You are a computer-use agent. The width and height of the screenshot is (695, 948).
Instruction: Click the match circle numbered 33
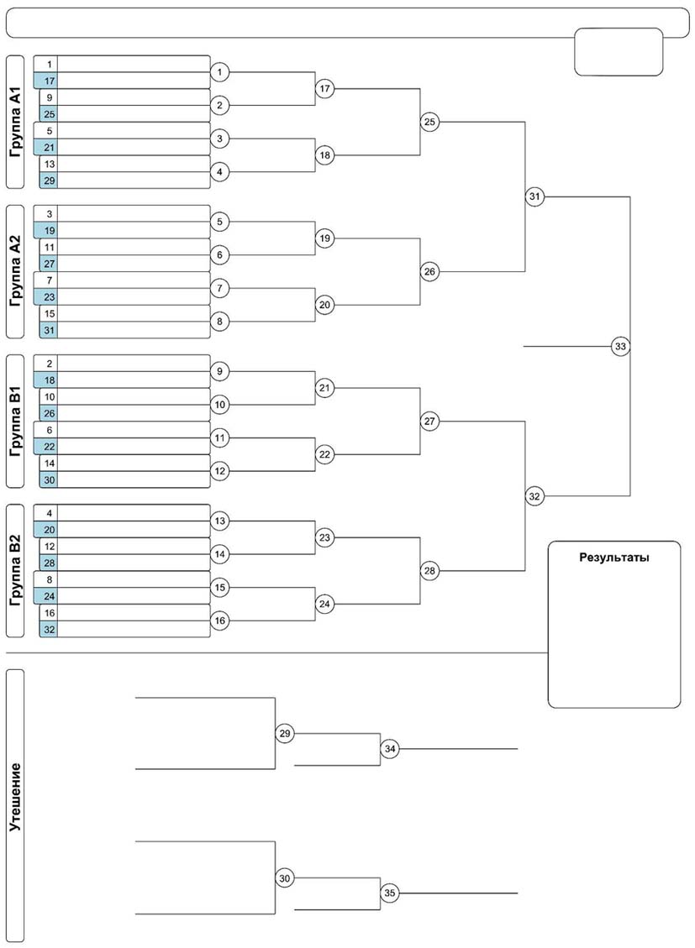click(x=620, y=347)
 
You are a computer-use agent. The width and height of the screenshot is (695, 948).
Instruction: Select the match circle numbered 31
click(x=534, y=196)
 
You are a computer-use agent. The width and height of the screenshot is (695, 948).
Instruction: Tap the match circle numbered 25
click(x=429, y=122)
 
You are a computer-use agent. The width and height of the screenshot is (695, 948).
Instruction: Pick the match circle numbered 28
click(x=429, y=571)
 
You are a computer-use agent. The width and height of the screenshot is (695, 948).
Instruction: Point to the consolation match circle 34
click(x=390, y=749)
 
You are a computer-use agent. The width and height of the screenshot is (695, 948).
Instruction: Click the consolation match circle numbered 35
click(x=390, y=893)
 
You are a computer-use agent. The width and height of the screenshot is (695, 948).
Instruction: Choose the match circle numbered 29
click(x=285, y=733)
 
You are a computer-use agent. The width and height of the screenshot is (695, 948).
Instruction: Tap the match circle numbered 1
click(x=219, y=72)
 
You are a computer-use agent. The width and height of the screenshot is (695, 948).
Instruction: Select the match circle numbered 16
click(x=219, y=621)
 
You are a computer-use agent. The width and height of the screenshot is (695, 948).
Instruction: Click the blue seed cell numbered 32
click(x=49, y=630)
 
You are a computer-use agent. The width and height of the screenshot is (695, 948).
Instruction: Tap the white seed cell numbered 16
click(x=49, y=613)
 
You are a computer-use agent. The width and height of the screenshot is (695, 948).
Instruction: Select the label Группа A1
click(x=15, y=122)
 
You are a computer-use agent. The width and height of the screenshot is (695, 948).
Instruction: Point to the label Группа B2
click(x=15, y=571)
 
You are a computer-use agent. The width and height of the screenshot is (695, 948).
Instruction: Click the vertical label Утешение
click(x=15, y=797)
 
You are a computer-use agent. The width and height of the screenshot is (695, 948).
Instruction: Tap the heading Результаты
click(x=614, y=558)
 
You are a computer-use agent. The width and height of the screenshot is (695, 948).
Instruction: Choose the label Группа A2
click(x=15, y=271)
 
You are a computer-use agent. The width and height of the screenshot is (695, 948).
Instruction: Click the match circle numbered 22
click(x=325, y=454)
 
